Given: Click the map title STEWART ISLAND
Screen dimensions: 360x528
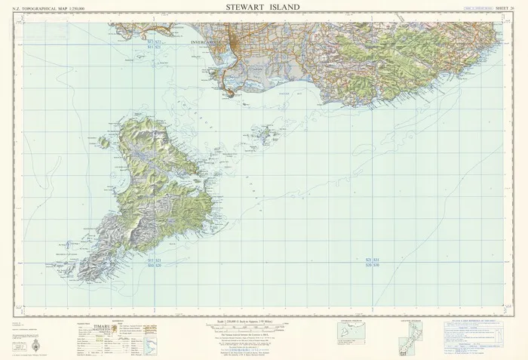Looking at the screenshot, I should (262, 8).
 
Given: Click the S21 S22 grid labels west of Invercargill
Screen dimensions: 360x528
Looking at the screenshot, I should (154, 44).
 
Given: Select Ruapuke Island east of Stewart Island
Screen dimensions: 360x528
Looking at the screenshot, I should (264, 137).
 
